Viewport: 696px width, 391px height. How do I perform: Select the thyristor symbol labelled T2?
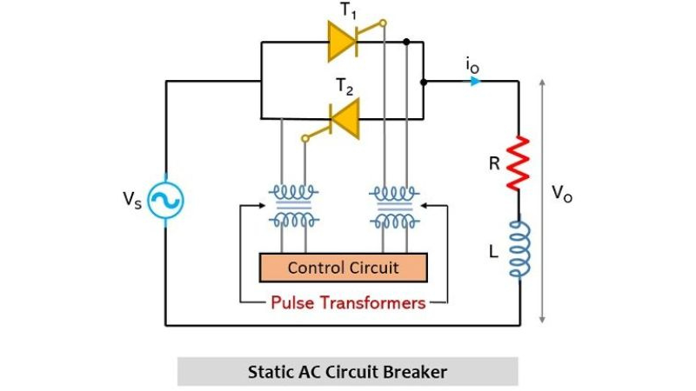[344, 117]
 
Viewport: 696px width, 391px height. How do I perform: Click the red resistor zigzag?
[519, 162]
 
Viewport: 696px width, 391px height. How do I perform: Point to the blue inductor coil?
[519, 249]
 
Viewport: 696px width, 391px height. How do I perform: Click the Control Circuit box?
[344, 268]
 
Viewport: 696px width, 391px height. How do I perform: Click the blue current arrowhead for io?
[474, 83]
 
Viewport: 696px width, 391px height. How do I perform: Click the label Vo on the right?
[561, 194]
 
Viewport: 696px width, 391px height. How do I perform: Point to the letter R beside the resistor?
[493, 162]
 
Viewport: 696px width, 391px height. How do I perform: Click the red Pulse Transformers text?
[348, 303]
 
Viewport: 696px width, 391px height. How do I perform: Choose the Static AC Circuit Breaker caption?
[348, 372]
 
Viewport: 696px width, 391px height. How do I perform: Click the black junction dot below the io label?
[424, 83]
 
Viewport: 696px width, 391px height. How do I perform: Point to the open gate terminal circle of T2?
[304, 137]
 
